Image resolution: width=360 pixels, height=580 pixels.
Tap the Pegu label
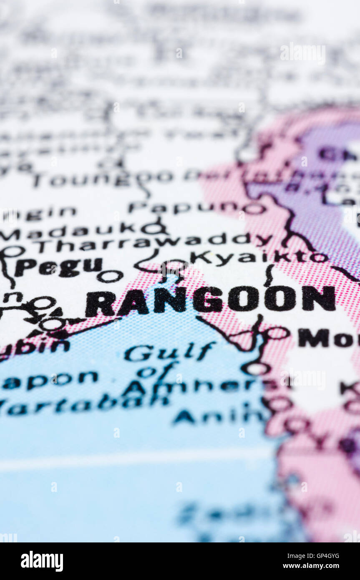pos(58,267)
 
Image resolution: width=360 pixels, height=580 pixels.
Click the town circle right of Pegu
pos(110,276)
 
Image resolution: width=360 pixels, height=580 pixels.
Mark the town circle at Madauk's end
pos(152,228)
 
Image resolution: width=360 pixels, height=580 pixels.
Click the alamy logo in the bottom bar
pos(42,561)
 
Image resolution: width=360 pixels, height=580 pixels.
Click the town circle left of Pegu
pos(13,251)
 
